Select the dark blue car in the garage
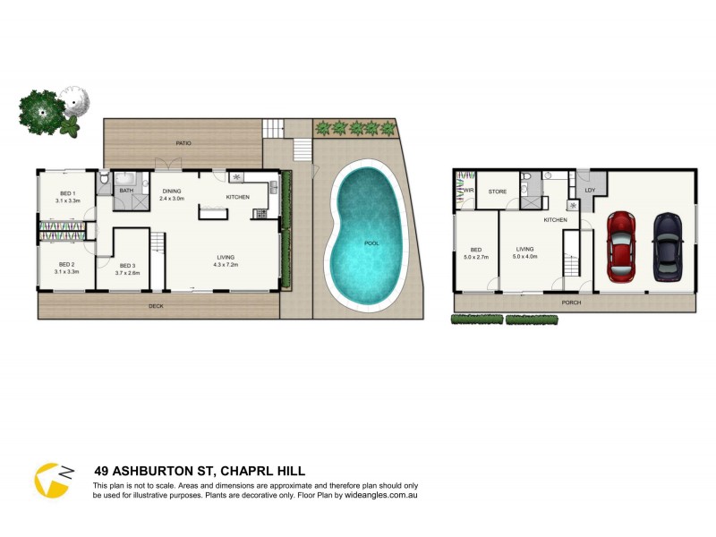pyautogui.click(x=667, y=244)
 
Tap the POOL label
pyautogui.click(x=371, y=243)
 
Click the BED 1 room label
pyautogui.click(x=67, y=198)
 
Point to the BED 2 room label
pyautogui.click(x=67, y=268)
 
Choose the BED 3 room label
pyautogui.click(x=127, y=268)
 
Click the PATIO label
pyautogui.click(x=183, y=143)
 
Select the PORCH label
pyautogui.click(x=570, y=303)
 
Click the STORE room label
pyautogui.click(x=498, y=191)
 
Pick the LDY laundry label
pyautogui.click(x=589, y=191)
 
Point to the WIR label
pyautogui.click(x=468, y=190)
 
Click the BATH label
pyautogui.click(x=126, y=190)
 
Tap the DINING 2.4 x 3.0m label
pyautogui.click(x=172, y=194)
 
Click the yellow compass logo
pyautogui.click(x=52, y=481)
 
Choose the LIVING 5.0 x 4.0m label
pyautogui.click(x=524, y=253)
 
